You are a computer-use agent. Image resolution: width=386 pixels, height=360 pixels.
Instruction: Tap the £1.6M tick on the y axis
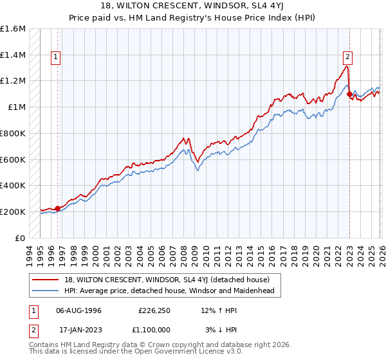click(x=13, y=29)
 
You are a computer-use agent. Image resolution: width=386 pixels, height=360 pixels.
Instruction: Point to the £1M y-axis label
click(x=17, y=107)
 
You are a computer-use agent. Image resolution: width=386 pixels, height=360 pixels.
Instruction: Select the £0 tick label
click(x=21, y=238)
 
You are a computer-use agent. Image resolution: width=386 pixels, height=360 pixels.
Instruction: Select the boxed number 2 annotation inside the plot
click(x=347, y=55)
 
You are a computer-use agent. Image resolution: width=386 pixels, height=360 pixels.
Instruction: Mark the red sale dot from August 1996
click(x=58, y=208)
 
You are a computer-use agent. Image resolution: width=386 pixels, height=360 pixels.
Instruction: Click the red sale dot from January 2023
click(x=349, y=94)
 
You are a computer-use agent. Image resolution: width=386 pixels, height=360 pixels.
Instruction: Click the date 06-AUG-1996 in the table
click(x=79, y=310)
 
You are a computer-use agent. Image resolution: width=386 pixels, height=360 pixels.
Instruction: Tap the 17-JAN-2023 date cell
click(x=78, y=330)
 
